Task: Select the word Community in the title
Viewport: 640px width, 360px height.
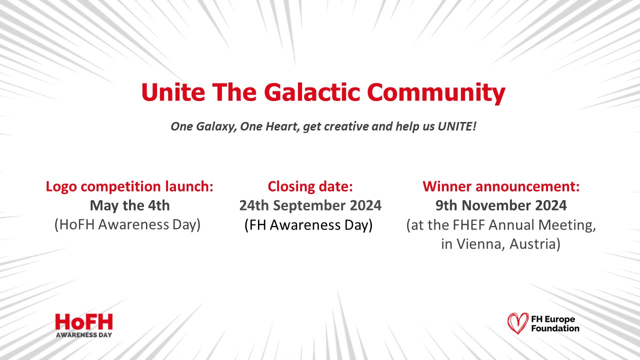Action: [x=436, y=92]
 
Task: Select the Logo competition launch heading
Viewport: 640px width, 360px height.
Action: [x=129, y=186]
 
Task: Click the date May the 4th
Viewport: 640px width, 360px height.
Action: [x=129, y=205]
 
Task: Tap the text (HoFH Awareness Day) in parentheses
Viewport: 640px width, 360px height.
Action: [x=127, y=224]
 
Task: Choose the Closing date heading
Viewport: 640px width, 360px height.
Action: [x=310, y=186]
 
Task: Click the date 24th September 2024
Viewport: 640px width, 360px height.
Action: [x=310, y=205]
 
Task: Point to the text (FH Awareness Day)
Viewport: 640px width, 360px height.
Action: [x=308, y=225]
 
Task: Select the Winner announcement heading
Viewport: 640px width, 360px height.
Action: [x=501, y=186]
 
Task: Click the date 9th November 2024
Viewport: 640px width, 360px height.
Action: [x=501, y=205]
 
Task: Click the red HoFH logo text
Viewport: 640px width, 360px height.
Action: [x=84, y=321]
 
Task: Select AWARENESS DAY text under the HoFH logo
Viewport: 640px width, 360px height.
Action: [x=84, y=334]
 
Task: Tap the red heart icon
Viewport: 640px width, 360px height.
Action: [x=517, y=323]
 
